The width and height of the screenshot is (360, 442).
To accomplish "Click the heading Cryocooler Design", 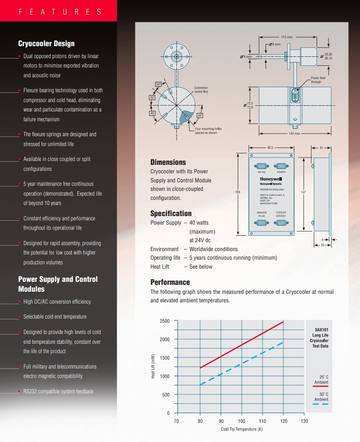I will pyautogui.click(x=46, y=44).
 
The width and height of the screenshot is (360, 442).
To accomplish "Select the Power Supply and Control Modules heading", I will pyautogui.click(x=58, y=284).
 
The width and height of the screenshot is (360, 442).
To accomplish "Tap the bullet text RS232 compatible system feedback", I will pyautogui.click(x=58, y=391).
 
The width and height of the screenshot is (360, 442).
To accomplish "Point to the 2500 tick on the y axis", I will pyautogui.click(x=164, y=321).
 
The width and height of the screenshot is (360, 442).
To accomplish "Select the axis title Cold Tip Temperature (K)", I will pyautogui.click(x=241, y=429).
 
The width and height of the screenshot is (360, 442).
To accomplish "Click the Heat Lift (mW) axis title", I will pyautogui.click(x=152, y=366).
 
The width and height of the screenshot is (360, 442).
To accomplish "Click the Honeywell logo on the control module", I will pyautogui.click(x=271, y=179).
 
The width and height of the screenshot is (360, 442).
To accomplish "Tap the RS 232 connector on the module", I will pyautogui.click(x=260, y=166).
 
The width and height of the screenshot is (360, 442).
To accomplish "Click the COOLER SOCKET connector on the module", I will pyautogui.click(x=281, y=222).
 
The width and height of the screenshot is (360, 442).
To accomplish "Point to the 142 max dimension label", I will pyautogui.click(x=295, y=134).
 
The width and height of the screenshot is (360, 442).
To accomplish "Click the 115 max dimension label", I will pyautogui.click(x=287, y=37).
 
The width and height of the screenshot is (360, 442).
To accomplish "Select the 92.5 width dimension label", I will pyautogui.click(x=270, y=148).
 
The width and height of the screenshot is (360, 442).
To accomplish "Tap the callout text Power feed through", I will pyautogui.click(x=318, y=80).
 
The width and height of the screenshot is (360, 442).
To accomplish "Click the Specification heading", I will pyautogui.click(x=171, y=214).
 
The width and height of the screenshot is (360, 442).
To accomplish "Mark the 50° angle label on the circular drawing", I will pyautogui.click(x=200, y=116).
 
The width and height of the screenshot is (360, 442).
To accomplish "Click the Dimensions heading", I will pyautogui.click(x=168, y=162).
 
